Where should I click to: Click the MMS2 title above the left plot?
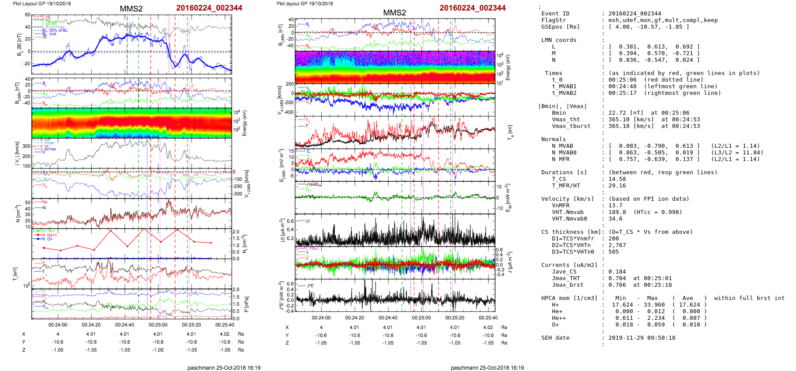click(131, 9)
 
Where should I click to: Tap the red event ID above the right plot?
click(472, 8)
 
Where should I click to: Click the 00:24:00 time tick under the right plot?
click(321, 318)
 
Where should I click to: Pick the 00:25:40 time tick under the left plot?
click(225, 325)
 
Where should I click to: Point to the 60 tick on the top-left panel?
click(27, 15)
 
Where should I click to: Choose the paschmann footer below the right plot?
click(487, 367)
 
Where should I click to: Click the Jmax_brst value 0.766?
click(617, 285)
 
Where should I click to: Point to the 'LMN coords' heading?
click(559, 40)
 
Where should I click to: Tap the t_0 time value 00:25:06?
click(622, 80)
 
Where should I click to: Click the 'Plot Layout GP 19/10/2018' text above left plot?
click(41, 4)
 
